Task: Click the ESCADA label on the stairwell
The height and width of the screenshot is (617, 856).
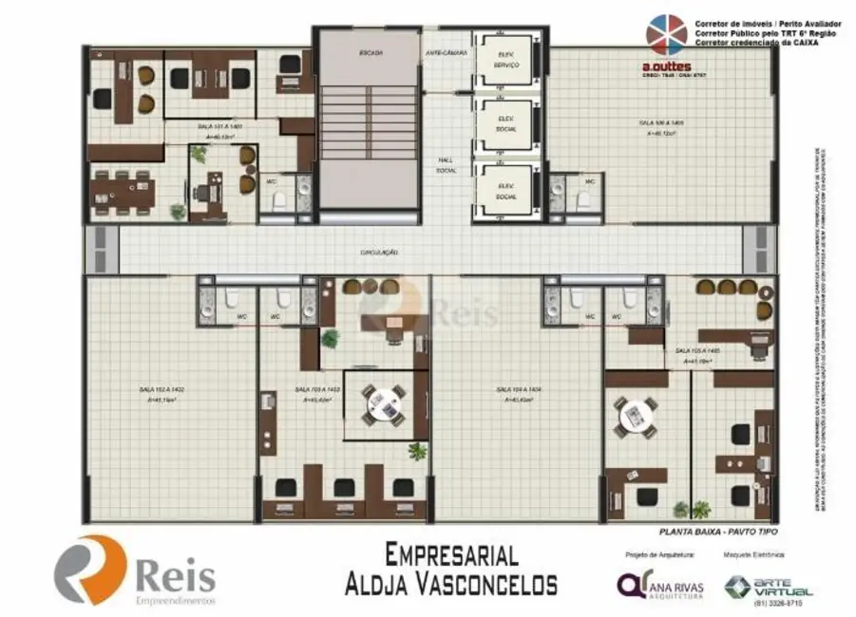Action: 371,53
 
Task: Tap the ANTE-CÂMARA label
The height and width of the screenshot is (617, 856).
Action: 446,53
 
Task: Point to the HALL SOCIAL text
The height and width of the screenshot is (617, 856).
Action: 447,165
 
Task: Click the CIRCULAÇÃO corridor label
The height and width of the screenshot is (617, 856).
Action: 378,252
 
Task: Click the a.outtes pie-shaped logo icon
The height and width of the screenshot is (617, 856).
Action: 666,35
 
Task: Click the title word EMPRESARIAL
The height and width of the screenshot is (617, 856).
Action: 451,554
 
